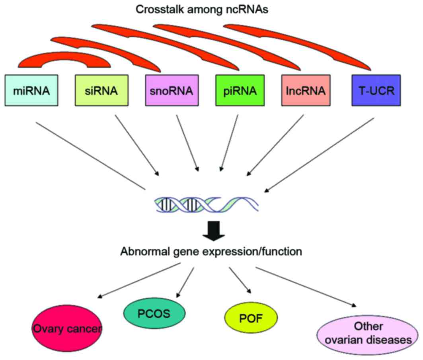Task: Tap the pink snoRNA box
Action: pos(172,91)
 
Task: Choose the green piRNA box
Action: pos(240,91)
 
